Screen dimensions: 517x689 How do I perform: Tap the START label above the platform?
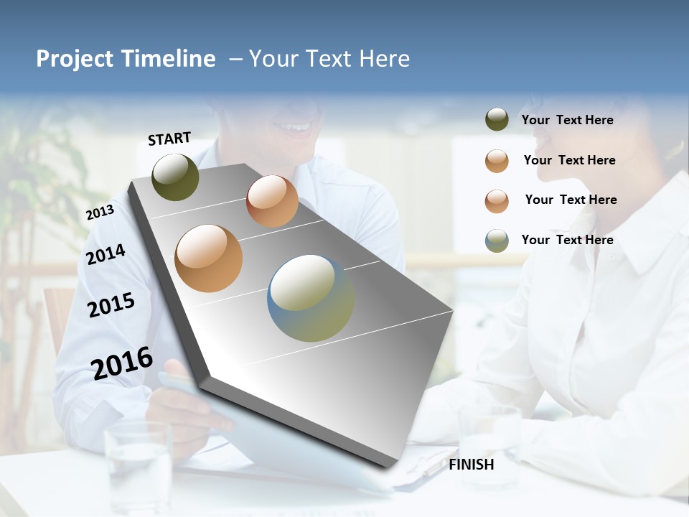[x=169, y=139]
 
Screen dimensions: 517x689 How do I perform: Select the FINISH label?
[x=472, y=465]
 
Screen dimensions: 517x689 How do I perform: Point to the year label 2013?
[x=100, y=213]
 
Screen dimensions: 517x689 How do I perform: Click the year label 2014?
[x=106, y=254]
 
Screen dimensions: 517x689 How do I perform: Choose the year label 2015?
[x=111, y=305]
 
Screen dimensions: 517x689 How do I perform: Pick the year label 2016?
[x=122, y=363]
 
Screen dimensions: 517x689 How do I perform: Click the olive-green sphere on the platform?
[x=176, y=177]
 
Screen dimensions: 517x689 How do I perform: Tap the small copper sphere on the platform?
[x=272, y=201]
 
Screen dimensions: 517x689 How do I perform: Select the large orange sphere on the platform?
[x=209, y=258]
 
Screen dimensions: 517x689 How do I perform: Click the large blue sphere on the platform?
[x=311, y=298]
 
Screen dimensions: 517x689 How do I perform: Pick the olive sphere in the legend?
[x=497, y=120]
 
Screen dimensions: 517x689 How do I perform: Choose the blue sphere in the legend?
[x=497, y=241]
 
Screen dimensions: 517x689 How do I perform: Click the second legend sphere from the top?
[x=497, y=161]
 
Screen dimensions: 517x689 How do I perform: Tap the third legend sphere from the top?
[x=497, y=201]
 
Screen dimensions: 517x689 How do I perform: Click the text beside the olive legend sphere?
[x=567, y=121]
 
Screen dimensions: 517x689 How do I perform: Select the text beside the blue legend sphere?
[x=567, y=240]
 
